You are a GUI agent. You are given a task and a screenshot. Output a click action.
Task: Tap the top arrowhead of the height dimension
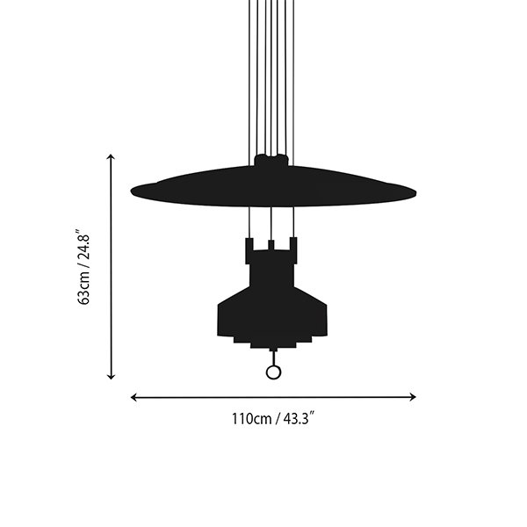[111, 156]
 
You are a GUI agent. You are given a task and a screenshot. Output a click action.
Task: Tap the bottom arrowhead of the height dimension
[111, 377]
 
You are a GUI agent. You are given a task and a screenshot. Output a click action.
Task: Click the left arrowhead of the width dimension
[134, 397]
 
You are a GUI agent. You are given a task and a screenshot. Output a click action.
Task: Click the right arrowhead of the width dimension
[413, 397]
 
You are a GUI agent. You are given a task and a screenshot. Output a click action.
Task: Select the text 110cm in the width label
[251, 419]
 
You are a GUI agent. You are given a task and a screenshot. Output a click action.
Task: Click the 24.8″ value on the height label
[83, 245]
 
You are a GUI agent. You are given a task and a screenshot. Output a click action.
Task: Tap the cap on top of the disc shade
[271, 161]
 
